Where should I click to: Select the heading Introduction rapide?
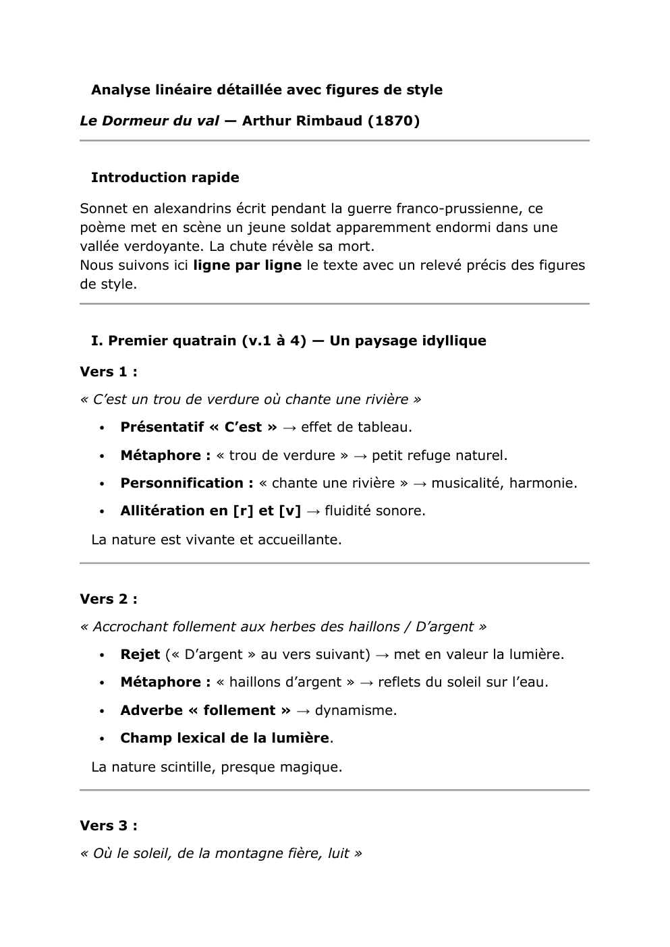165,177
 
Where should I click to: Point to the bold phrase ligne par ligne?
247,265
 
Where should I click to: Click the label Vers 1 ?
109,372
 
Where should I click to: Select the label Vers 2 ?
109,599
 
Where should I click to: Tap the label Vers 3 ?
109,826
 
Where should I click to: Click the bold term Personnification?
182,483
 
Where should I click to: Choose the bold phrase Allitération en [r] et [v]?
211,511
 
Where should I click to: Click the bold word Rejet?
140,654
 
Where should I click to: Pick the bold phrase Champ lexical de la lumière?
225,738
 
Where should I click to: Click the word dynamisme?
356,710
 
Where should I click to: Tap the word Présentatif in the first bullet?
158,427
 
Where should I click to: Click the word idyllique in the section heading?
454,341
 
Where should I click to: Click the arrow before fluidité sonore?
312,511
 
